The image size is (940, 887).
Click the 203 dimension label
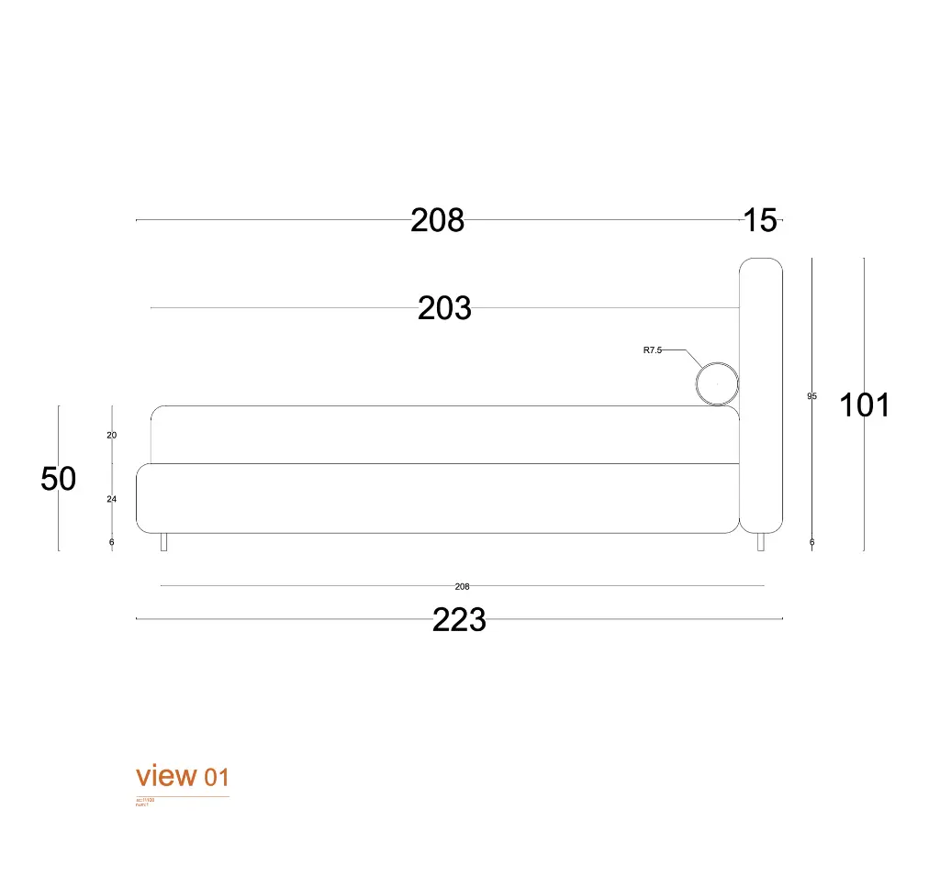[x=444, y=308]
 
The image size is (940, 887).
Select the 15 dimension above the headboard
[x=760, y=221]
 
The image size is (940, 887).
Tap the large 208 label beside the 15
[x=437, y=221]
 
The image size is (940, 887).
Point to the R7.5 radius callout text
[x=652, y=350]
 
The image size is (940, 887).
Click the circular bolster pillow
[x=716, y=383]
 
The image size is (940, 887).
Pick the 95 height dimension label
[x=811, y=396]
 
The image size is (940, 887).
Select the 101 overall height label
[x=865, y=405]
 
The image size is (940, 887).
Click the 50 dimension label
[x=59, y=479]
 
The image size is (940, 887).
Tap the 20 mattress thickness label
[x=112, y=436]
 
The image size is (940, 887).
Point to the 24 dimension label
[x=112, y=500]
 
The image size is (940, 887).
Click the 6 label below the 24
[x=112, y=542]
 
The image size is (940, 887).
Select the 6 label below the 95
[x=811, y=542]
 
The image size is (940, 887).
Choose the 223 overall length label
[x=459, y=621]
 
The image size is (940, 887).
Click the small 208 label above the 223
[x=462, y=586]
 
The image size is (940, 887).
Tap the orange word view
[x=166, y=776]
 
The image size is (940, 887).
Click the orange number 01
[x=216, y=779]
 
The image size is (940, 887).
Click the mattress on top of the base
[x=445, y=434]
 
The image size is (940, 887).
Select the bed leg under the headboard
[x=760, y=542]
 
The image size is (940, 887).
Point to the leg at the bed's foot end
[x=163, y=542]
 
